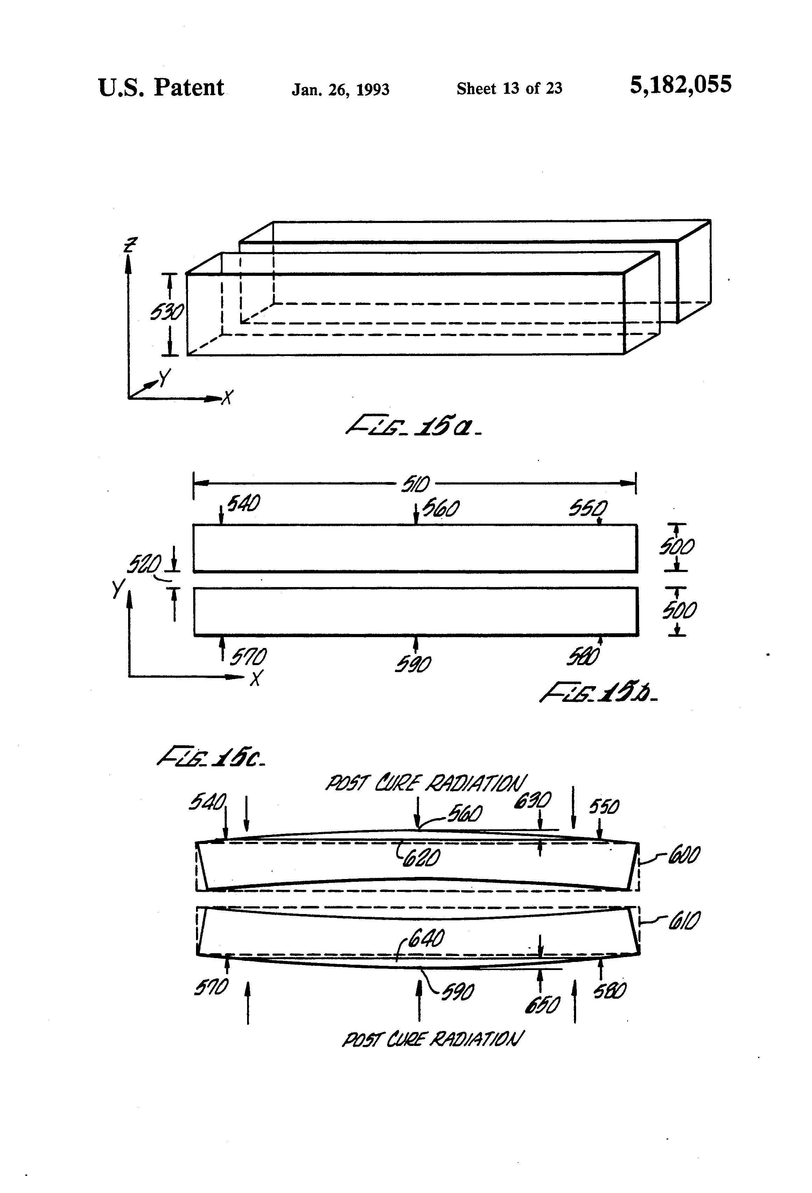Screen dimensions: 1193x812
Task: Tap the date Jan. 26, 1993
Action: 340,90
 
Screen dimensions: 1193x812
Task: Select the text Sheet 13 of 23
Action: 509,89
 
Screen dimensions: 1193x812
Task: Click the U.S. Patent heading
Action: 161,88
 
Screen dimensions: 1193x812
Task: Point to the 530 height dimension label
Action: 166,312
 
